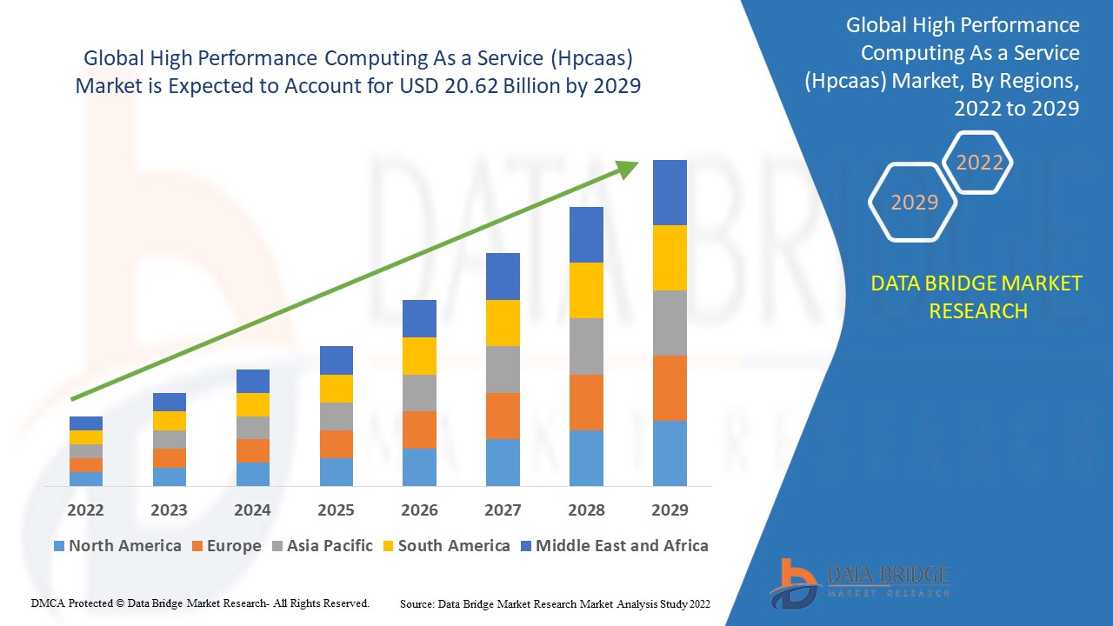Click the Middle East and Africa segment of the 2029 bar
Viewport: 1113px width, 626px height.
670,192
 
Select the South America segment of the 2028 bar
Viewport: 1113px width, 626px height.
586,290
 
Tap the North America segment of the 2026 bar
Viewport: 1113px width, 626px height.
419,467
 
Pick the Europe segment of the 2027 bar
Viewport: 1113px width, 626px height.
503,416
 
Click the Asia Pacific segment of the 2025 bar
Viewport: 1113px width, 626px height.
336,416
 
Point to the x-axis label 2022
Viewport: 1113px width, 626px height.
85,509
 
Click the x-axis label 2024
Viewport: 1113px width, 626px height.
252,509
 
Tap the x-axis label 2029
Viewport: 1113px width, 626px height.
670,509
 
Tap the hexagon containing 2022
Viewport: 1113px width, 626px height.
979,163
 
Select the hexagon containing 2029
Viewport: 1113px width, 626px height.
914,203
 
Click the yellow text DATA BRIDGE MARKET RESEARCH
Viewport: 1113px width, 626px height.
977,296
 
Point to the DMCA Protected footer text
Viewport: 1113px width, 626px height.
200,603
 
